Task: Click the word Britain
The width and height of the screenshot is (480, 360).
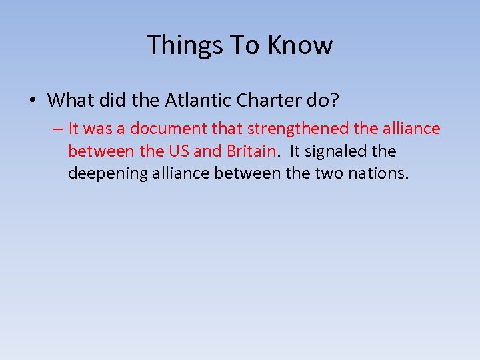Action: click(251, 151)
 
